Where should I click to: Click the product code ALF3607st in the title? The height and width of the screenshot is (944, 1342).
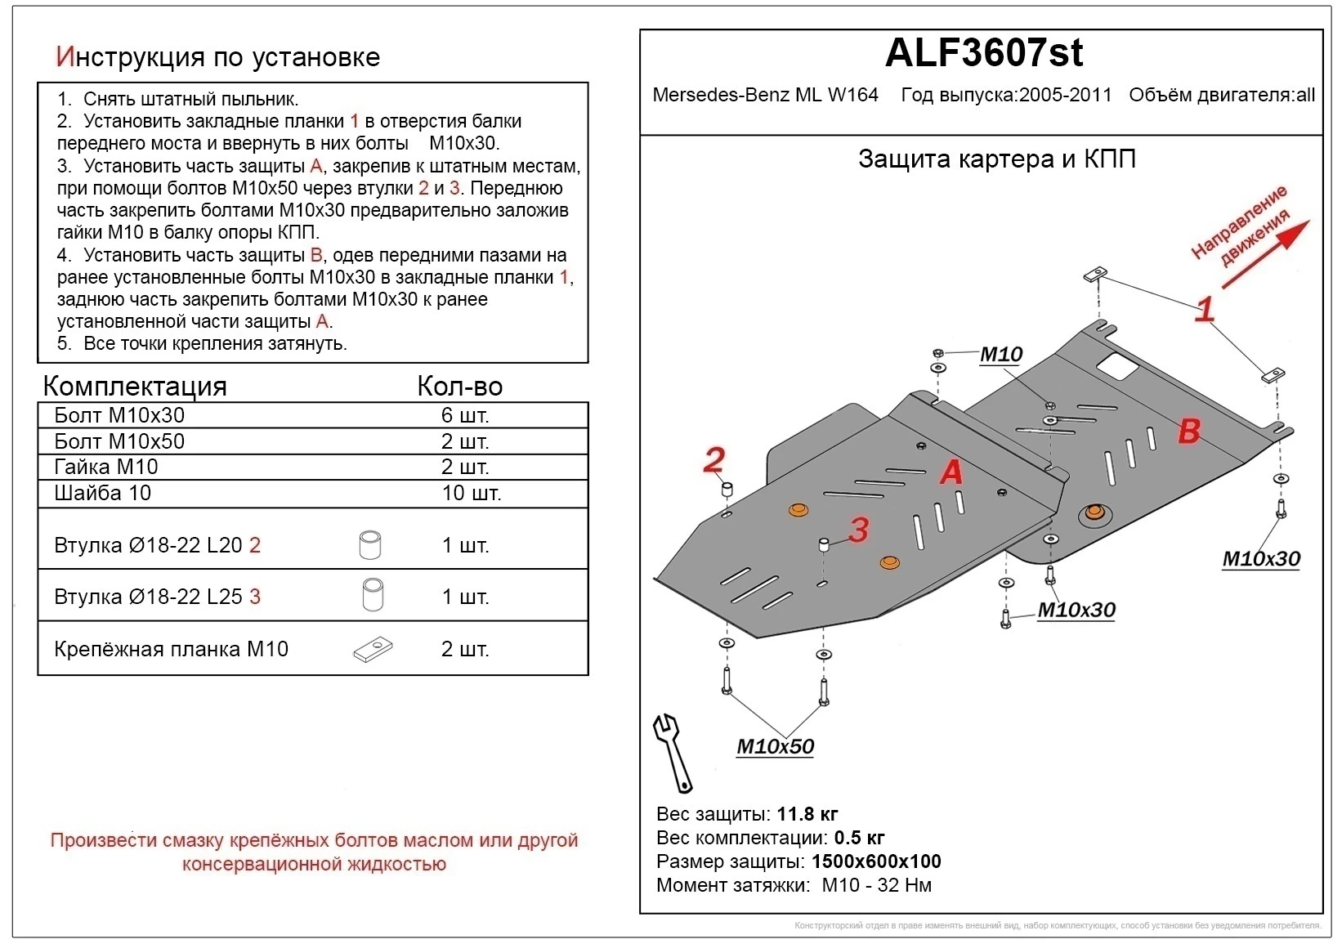coord(983,54)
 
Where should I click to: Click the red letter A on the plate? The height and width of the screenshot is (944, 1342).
coord(951,472)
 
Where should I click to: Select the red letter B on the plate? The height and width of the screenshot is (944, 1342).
coord(1189,431)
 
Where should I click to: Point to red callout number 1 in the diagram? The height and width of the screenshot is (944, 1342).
coord(1205,310)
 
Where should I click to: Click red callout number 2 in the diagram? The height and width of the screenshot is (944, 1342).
coord(713,460)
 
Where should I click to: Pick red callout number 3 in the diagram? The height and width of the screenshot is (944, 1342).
coord(858,530)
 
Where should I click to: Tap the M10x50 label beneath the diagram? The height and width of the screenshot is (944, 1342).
coord(775,746)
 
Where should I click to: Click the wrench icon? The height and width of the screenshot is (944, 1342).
coord(673,752)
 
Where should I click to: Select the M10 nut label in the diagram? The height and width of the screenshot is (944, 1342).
coord(1001,355)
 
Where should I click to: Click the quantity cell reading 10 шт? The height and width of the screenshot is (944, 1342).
coord(471,493)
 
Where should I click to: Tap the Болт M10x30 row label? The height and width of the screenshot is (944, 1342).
coord(119,415)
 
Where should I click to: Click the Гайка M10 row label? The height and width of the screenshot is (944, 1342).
coord(106,467)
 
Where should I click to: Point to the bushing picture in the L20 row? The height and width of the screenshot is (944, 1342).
coord(370,544)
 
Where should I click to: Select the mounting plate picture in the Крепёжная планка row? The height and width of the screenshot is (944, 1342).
coord(373,650)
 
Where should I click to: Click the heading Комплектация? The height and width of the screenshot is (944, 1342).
coord(135,386)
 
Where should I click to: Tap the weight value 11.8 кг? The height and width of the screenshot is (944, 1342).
coord(807,814)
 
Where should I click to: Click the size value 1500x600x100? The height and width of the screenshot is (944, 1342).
coord(875,861)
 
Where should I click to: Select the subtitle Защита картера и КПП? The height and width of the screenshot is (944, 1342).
coord(996,159)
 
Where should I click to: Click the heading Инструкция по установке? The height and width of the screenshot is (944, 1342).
coord(218,56)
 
